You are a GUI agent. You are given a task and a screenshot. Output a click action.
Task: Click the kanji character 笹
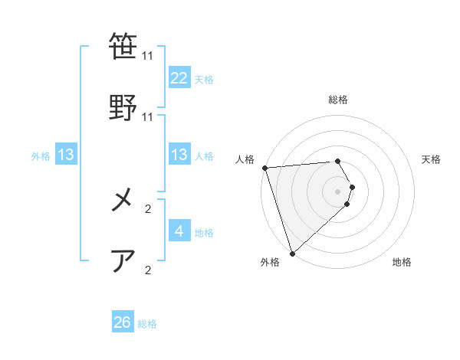pos(123,47)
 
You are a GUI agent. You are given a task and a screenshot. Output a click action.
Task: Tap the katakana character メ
pos(123,201)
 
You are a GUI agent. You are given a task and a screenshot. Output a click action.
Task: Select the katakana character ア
pos(123,260)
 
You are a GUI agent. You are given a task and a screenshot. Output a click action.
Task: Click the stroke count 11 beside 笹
pos(148,56)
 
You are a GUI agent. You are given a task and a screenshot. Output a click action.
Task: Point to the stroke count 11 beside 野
pos(148,116)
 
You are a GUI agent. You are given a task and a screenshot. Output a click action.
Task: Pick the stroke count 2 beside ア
pos(148,269)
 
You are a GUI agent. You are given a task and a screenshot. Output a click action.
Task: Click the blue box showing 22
pos(179,77)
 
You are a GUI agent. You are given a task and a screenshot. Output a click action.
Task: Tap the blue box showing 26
pos(123,322)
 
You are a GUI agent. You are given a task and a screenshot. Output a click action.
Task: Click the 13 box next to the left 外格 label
pos(66,155)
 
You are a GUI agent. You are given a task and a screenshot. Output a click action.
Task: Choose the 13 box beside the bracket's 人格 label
pos(179,155)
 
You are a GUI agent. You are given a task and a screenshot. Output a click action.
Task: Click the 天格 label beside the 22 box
pos(204,79)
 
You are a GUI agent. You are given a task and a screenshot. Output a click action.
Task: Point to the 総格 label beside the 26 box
pos(147,324)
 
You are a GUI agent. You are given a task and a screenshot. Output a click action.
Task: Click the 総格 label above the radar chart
pos(338,100)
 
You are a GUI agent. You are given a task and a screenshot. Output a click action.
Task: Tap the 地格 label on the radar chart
pos(402,262)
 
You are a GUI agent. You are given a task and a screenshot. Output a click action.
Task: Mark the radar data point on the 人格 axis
pos(264,168)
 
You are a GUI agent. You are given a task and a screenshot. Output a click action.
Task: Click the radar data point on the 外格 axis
pos(292,253)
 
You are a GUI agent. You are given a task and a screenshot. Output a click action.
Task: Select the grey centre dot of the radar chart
pos(338,191)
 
